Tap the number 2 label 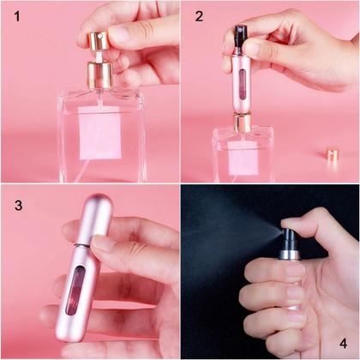click(198, 16)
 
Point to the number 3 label click(18, 206)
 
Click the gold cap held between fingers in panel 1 click(93, 41)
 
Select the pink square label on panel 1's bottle click(100, 133)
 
